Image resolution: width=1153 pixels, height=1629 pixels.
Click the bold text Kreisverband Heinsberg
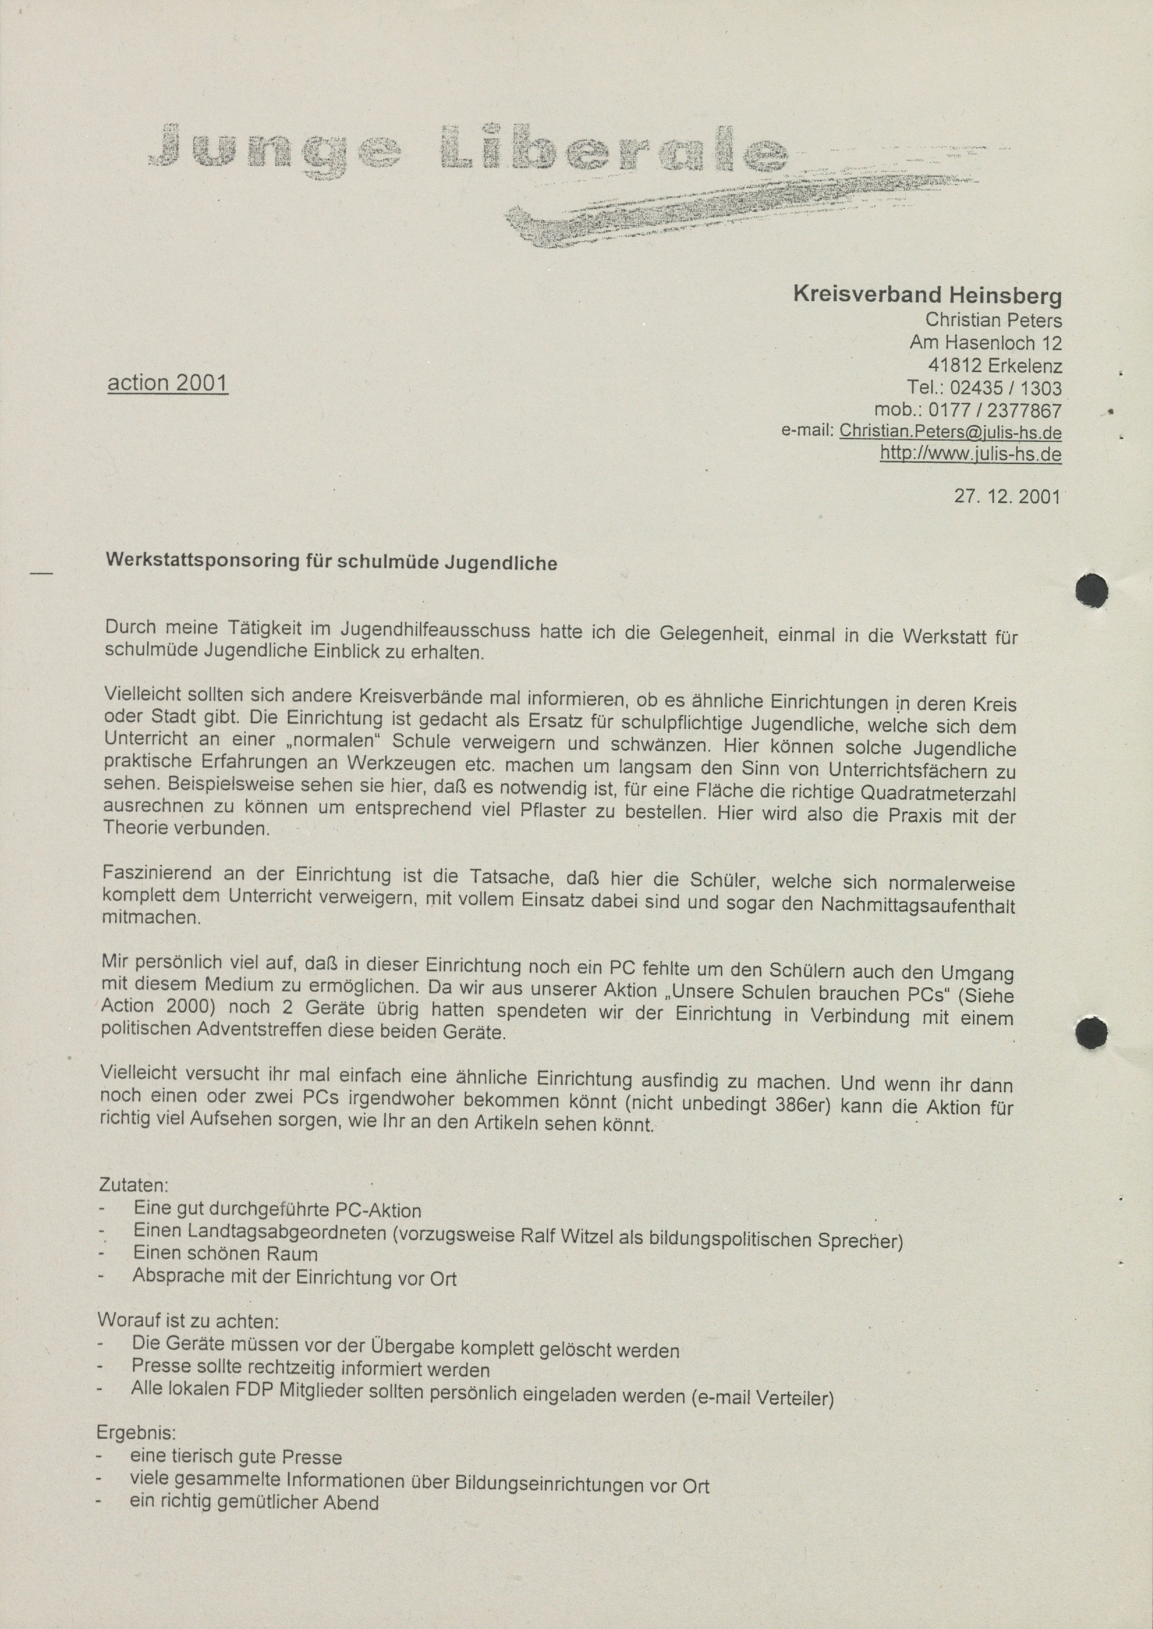[x=927, y=294]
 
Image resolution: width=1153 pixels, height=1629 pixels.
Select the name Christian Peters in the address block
[x=993, y=320]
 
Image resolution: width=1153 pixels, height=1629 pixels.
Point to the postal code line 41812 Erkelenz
[x=995, y=365]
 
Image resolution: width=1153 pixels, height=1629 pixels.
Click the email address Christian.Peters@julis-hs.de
[x=950, y=431]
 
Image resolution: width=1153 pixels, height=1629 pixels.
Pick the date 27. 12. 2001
[x=1007, y=496]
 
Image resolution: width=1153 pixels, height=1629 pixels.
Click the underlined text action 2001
[x=168, y=383]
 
